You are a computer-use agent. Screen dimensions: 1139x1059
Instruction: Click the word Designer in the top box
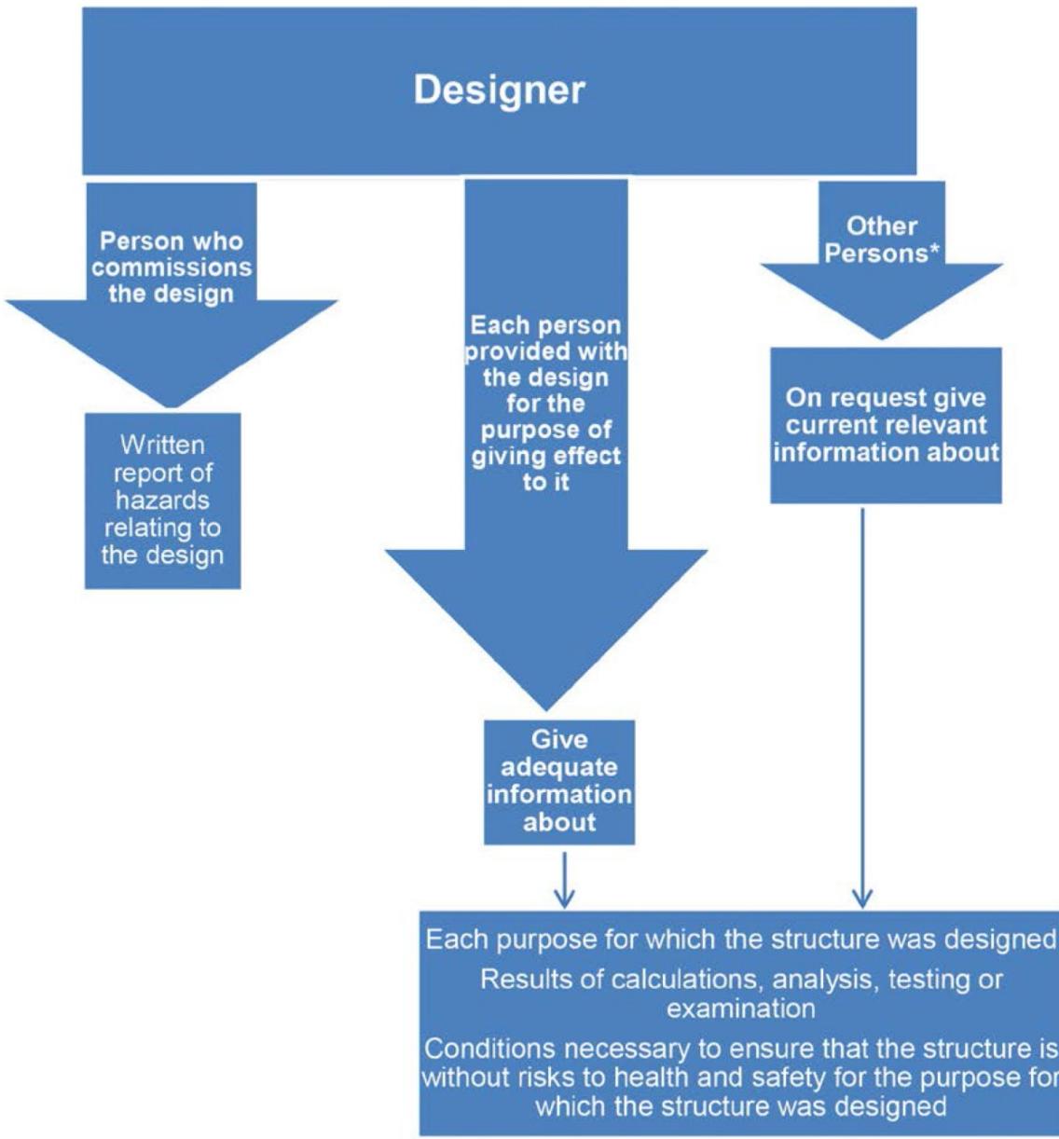point(500,90)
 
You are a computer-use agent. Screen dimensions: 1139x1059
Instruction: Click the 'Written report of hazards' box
point(163,501)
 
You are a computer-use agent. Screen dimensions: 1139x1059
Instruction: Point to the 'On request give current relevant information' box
point(886,425)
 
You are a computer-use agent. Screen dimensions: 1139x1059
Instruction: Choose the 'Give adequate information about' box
point(559,781)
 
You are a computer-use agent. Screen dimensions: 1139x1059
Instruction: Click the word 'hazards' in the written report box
point(162,501)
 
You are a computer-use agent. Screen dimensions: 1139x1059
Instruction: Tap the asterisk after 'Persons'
point(935,251)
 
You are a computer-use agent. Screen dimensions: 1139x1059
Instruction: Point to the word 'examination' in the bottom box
point(740,1009)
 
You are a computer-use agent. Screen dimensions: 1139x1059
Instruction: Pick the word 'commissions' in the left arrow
point(172,268)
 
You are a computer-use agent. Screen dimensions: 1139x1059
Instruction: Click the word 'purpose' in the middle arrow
point(546,431)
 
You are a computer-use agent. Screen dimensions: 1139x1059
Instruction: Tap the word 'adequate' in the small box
point(559,767)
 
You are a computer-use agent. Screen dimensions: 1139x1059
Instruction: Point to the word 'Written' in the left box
point(163,445)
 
